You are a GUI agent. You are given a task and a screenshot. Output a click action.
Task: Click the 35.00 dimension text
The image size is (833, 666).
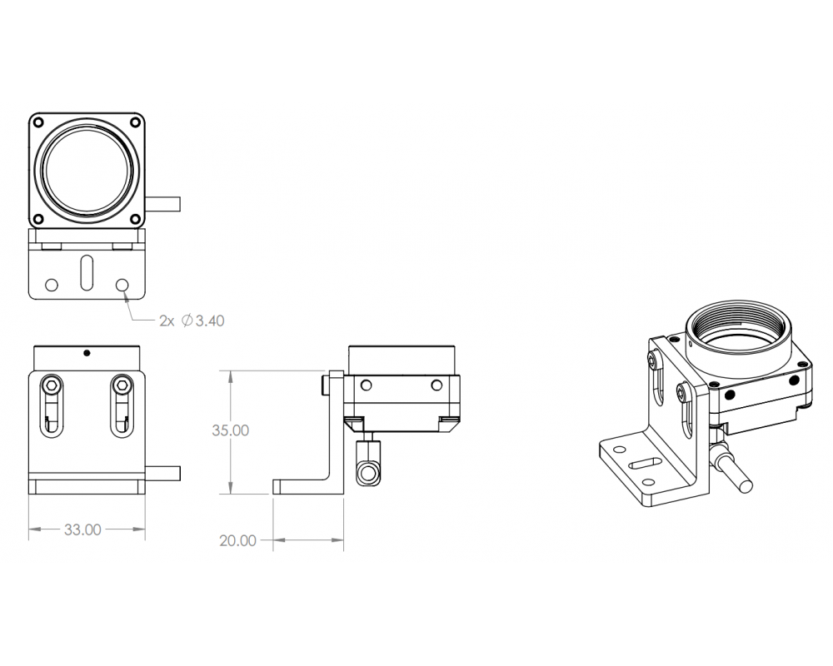click(x=231, y=430)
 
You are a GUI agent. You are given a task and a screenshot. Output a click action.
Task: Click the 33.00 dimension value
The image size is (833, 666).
click(x=82, y=529)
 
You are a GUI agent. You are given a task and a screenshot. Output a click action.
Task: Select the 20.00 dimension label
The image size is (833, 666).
click(x=237, y=540)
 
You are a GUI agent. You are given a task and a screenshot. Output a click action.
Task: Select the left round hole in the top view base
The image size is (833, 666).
click(x=52, y=285)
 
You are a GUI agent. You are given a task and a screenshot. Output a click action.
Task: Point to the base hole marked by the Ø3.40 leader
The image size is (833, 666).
click(x=123, y=285)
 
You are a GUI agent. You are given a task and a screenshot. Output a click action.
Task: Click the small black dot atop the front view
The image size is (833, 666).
click(x=86, y=352)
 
